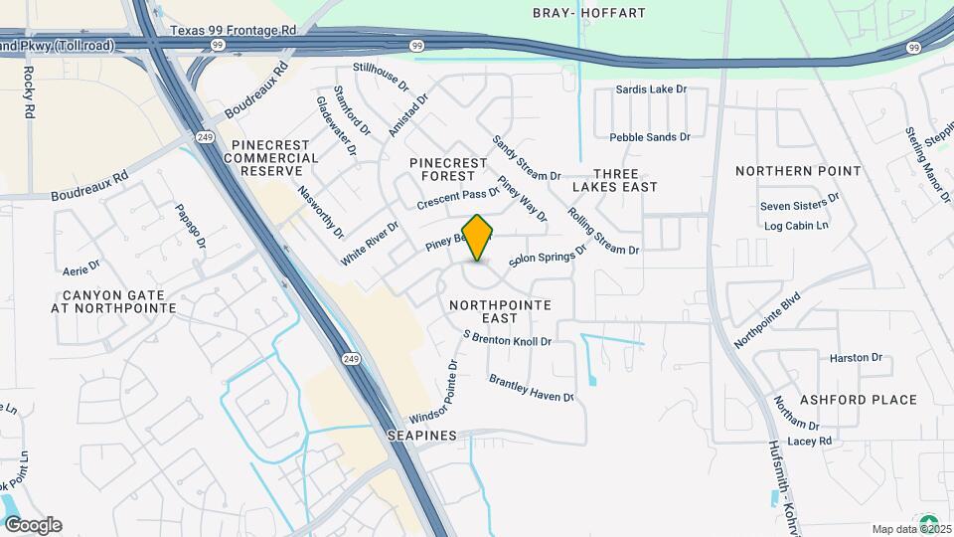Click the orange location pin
pyautogui.click(x=478, y=238)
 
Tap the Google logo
pyautogui.click(x=33, y=525)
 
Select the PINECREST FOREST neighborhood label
pyautogui.click(x=449, y=169)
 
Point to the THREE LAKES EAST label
pyautogui.click(x=614, y=179)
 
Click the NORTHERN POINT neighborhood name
pyautogui.click(x=798, y=171)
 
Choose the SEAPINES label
pyautogui.click(x=422, y=436)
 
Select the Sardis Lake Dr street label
pyautogui.click(x=651, y=89)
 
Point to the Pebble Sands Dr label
pyautogui.click(x=649, y=137)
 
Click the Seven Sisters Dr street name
pyautogui.click(x=799, y=207)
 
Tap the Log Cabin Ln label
pyautogui.click(x=796, y=226)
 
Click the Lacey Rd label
pyautogui.click(x=808, y=441)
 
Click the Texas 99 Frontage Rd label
pyautogui.click(x=233, y=31)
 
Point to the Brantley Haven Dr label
pyautogui.click(x=531, y=388)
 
